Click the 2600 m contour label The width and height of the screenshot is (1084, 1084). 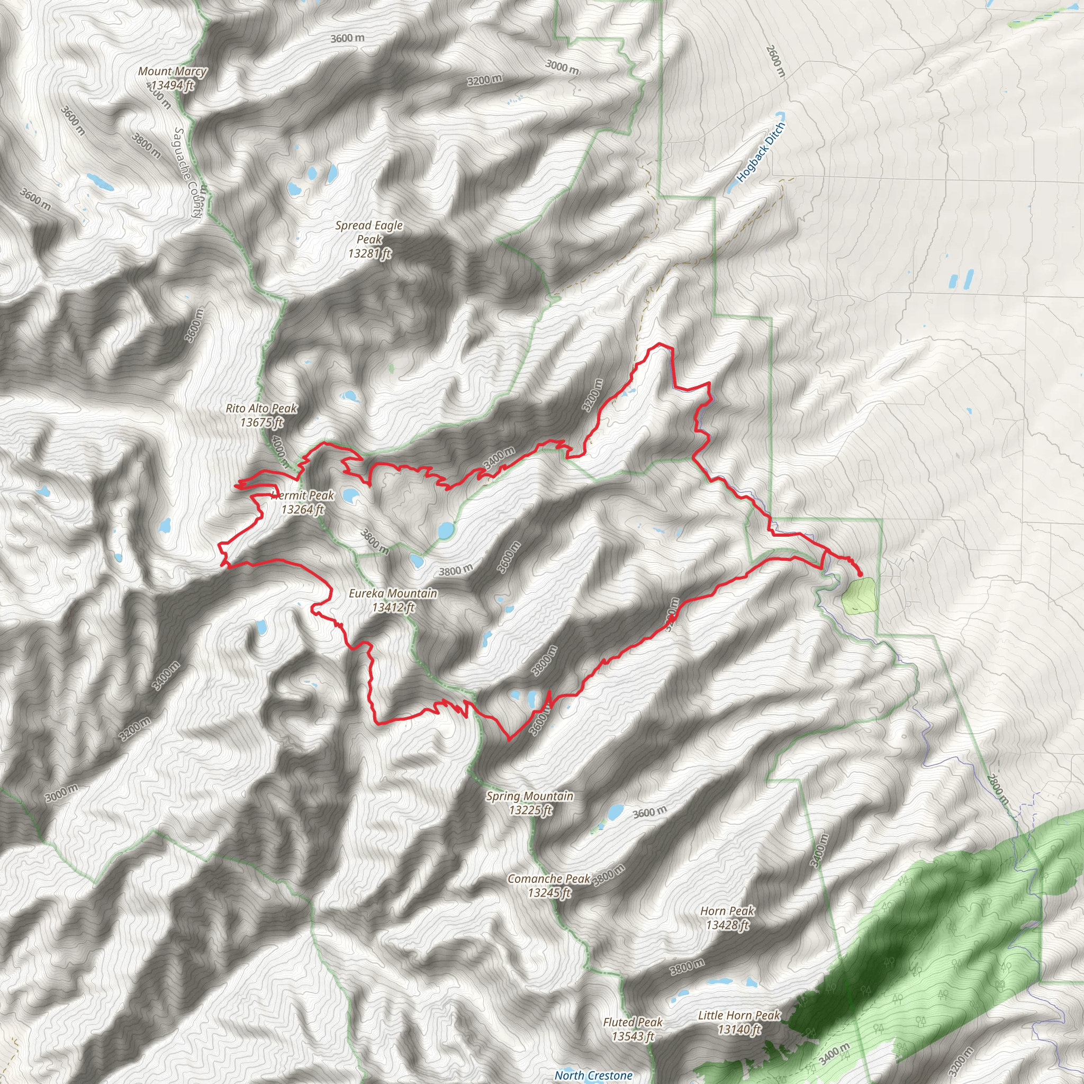[x=775, y=61]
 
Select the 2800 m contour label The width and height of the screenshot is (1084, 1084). [x=997, y=791]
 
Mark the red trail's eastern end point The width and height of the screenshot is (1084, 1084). [x=860, y=574]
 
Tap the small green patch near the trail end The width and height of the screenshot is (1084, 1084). [x=859, y=595]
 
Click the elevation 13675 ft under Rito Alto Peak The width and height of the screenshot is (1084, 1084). [x=261, y=422]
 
